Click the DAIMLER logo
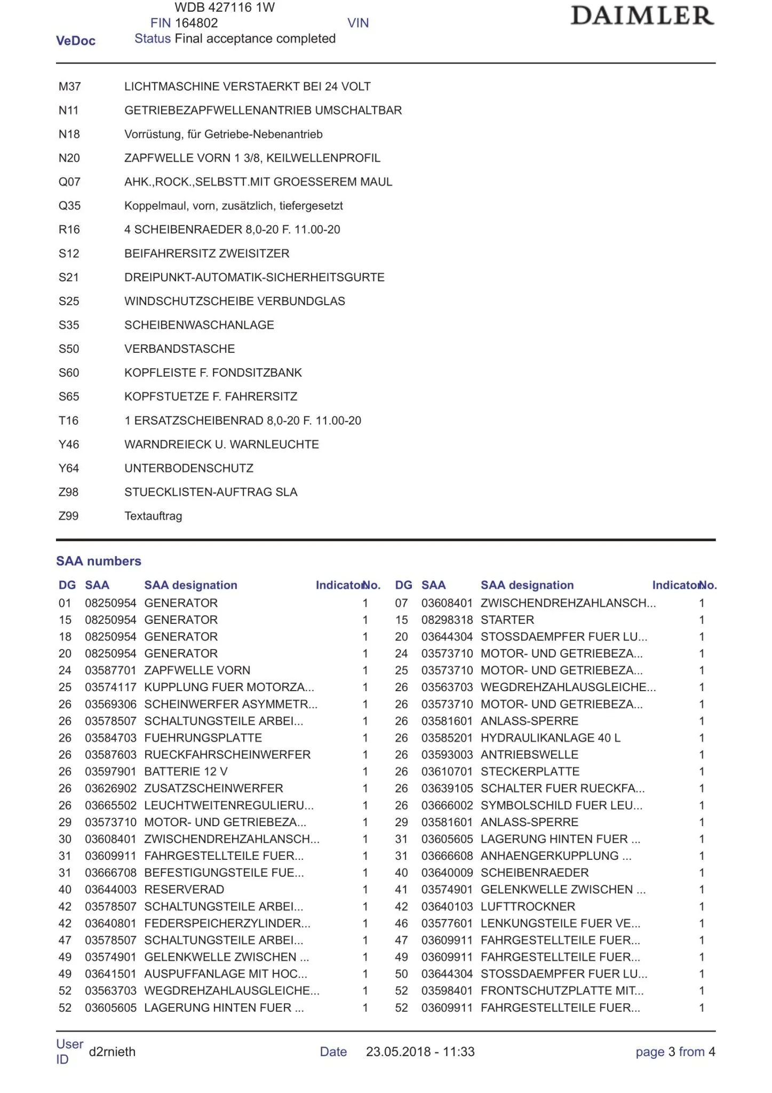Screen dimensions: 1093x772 tap(642, 16)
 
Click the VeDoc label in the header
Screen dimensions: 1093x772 tap(76, 41)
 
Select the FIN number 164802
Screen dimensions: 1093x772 tap(196, 23)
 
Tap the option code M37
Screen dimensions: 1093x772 tap(69, 86)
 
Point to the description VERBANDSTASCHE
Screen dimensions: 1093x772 tap(179, 349)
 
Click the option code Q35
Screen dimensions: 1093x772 tap(69, 206)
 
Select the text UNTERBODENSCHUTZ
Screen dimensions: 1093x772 tap(189, 469)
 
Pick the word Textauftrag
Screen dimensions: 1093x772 tap(153, 516)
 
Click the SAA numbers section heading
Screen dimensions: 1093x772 tap(99, 561)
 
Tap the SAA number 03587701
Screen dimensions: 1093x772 tap(110, 670)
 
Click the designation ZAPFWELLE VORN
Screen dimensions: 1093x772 tap(197, 670)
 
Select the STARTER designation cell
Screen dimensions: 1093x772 tap(507, 620)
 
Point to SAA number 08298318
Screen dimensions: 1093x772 tap(447, 620)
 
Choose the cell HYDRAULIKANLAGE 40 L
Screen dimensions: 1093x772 tap(550, 738)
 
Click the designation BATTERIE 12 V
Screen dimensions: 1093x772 tap(186, 772)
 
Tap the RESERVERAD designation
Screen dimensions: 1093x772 tap(184, 890)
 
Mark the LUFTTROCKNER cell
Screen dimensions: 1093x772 tap(528, 907)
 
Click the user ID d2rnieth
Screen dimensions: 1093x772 tap(112, 1052)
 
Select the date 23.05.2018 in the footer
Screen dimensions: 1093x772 tap(398, 1052)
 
